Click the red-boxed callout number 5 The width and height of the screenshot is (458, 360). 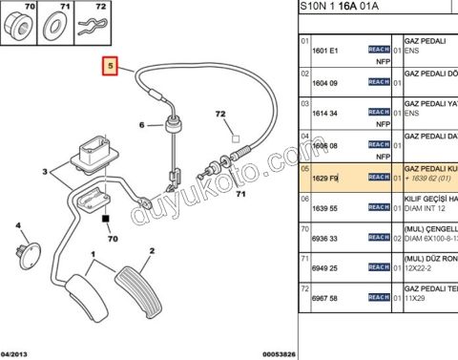112,68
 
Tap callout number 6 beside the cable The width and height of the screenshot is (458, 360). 142,125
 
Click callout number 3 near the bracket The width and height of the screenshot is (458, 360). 44,172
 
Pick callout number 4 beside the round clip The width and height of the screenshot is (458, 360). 17,226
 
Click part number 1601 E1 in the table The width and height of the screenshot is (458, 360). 327,49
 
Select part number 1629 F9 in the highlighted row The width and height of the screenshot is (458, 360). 327,179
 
